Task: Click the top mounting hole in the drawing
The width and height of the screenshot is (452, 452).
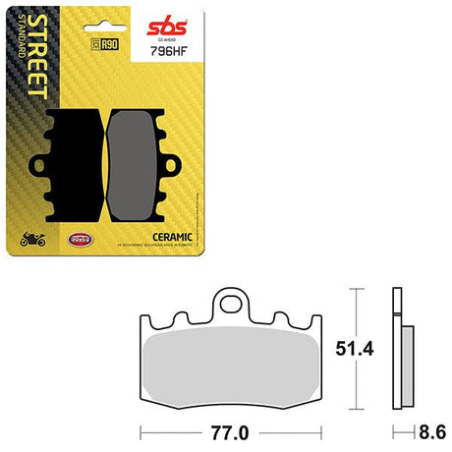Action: pyautogui.click(x=233, y=298)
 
